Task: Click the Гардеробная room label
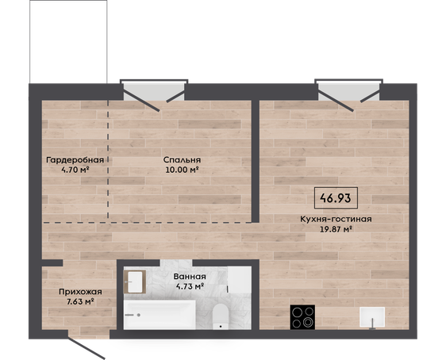[75, 160]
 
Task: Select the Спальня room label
[182, 160]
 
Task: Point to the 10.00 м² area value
[182, 170]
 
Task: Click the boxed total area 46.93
[336, 198]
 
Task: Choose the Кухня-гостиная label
[336, 219]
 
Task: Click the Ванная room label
[190, 277]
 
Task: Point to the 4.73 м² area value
[190, 286]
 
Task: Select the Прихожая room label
[80, 292]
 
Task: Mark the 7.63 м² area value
[80, 302]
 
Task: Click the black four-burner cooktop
[302, 317]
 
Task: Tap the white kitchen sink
[372, 317]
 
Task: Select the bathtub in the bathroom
[160, 315]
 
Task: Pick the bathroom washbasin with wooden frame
[135, 281]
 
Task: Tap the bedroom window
[154, 91]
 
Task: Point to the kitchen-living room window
[348, 91]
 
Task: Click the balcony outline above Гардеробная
[68, 42]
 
